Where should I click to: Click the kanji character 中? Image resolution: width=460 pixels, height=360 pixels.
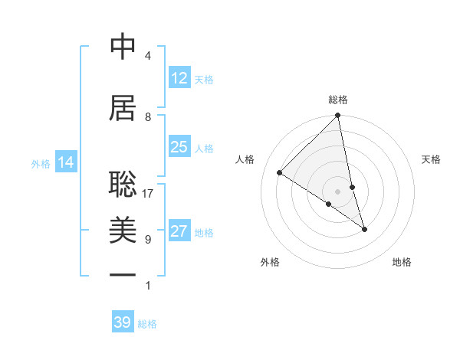123,47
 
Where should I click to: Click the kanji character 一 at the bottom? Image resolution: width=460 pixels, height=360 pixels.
123,275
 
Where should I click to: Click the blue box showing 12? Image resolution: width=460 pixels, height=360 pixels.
179,78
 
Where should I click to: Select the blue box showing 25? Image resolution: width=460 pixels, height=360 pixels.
179,147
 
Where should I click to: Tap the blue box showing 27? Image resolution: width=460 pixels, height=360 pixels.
179,231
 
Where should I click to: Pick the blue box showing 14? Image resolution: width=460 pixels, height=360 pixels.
66,162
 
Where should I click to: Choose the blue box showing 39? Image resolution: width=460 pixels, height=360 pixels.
123,322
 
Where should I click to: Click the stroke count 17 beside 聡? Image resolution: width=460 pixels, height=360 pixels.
148,194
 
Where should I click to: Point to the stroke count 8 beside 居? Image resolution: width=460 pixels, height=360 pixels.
148,116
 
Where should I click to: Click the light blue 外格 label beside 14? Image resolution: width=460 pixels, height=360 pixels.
41,163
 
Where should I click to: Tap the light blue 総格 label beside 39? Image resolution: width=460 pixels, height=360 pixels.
147,324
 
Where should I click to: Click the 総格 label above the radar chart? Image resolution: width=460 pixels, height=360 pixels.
338,100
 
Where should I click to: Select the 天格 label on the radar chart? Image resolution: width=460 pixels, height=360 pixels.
432,159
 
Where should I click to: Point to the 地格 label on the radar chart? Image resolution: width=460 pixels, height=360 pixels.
402,262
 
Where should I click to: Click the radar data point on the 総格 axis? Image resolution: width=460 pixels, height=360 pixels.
338,116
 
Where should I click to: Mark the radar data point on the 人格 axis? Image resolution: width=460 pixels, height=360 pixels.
280,172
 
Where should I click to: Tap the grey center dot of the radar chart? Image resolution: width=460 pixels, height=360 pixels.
338,191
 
